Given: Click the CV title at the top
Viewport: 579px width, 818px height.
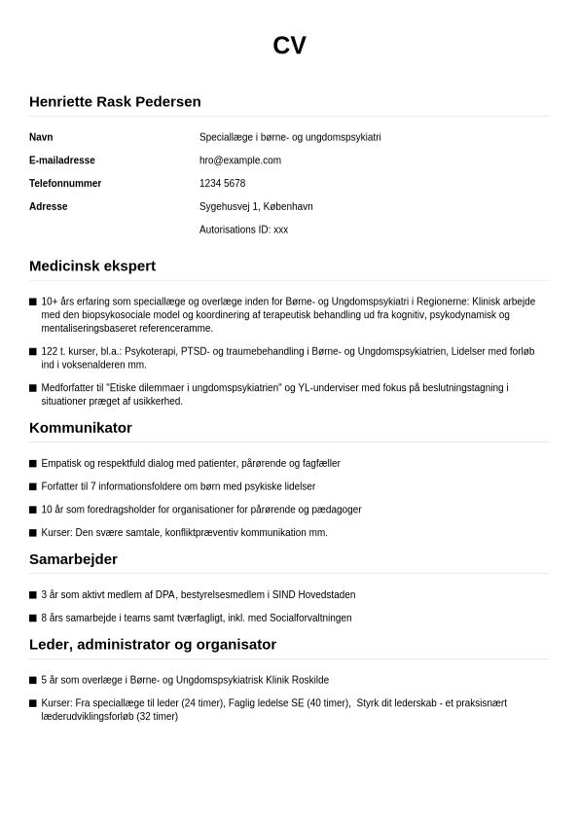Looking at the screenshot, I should [x=289, y=46].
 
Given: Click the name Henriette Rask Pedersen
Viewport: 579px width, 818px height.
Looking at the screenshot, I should [x=115, y=101].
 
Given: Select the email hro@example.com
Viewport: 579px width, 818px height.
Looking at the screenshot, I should [x=239, y=160].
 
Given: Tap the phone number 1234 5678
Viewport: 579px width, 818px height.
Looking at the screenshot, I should [x=222, y=184].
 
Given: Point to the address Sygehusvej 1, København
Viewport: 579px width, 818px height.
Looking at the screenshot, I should [x=256, y=207].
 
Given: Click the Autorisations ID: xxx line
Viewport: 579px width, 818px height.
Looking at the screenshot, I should [x=243, y=231].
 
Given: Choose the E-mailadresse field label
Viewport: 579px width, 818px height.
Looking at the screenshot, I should [x=62, y=160].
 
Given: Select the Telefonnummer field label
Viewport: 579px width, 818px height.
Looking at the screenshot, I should [x=65, y=184].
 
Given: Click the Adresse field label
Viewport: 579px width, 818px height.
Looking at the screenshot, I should [x=49, y=207].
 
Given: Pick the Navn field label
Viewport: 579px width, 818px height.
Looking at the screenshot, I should [x=41, y=137].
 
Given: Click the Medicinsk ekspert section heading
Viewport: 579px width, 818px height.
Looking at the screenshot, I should [x=92, y=266].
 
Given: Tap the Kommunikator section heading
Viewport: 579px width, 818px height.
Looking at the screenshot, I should [x=81, y=428].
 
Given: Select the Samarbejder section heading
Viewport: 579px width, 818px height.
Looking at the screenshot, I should [x=73, y=559].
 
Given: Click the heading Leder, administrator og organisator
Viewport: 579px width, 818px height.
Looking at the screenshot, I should [x=153, y=644].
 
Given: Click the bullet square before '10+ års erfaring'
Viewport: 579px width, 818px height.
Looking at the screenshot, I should [x=33, y=302].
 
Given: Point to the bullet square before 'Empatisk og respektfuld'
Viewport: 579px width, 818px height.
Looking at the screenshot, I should [x=33, y=464].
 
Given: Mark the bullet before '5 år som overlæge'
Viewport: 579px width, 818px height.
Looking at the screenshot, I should [x=33, y=681].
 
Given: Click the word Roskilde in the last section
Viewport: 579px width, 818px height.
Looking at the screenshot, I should [x=309, y=681].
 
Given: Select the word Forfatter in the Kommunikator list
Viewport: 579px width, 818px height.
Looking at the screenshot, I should [x=60, y=486].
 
